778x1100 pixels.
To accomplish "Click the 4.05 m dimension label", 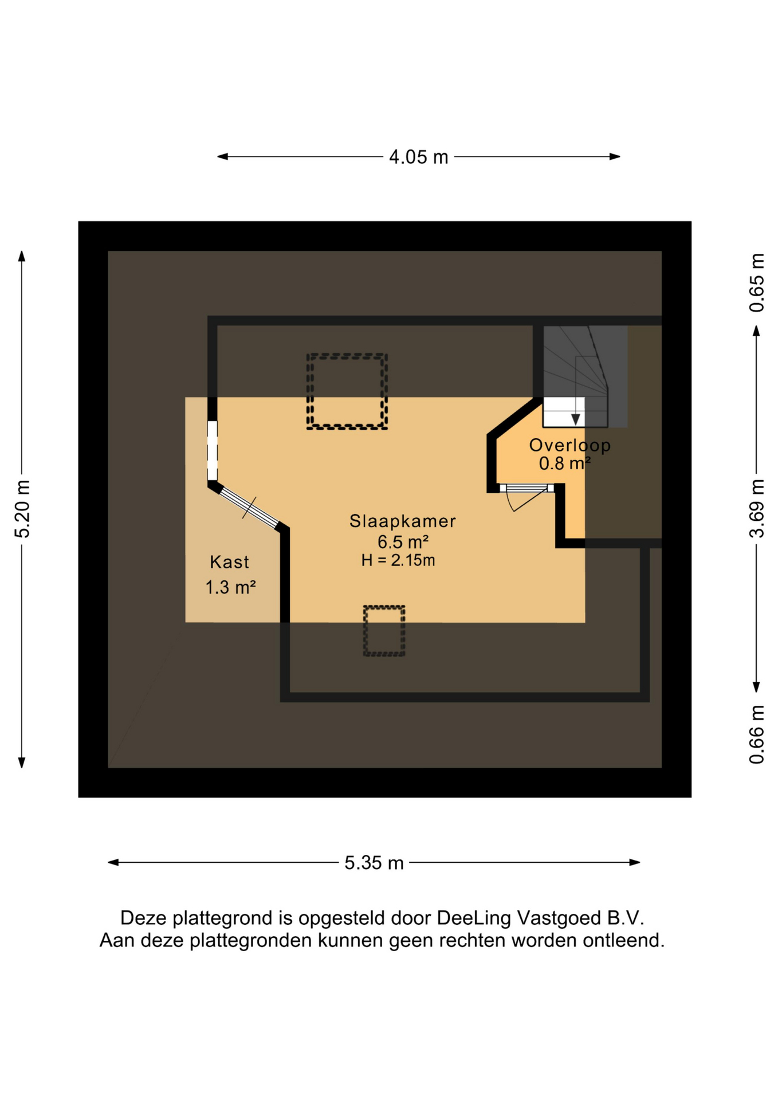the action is pyautogui.click(x=418, y=156).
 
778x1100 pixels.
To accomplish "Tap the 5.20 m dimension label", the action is pyautogui.click(x=22, y=509).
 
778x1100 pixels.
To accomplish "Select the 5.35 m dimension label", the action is pyautogui.click(x=374, y=862).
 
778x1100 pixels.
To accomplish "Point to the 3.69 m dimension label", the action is pyautogui.click(x=756, y=508).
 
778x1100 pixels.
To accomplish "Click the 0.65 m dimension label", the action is pyautogui.click(x=756, y=282).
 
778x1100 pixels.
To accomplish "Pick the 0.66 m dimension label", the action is pyautogui.click(x=756, y=734).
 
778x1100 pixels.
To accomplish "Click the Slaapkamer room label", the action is pyautogui.click(x=403, y=521).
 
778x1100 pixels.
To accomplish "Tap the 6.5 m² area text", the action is pyautogui.click(x=403, y=541).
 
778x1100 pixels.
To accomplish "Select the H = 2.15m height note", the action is pyautogui.click(x=398, y=560).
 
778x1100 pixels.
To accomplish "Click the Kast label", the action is pyautogui.click(x=229, y=561).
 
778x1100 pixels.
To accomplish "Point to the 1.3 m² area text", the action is pyautogui.click(x=230, y=587).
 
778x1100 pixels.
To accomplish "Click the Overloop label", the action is pyautogui.click(x=569, y=445).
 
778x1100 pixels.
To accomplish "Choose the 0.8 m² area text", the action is pyautogui.click(x=564, y=463).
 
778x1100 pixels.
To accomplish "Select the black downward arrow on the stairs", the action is pyautogui.click(x=576, y=419).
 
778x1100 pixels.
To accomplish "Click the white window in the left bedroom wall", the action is pyautogui.click(x=212, y=450).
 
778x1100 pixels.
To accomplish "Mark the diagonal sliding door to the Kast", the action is pyautogui.click(x=249, y=506).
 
